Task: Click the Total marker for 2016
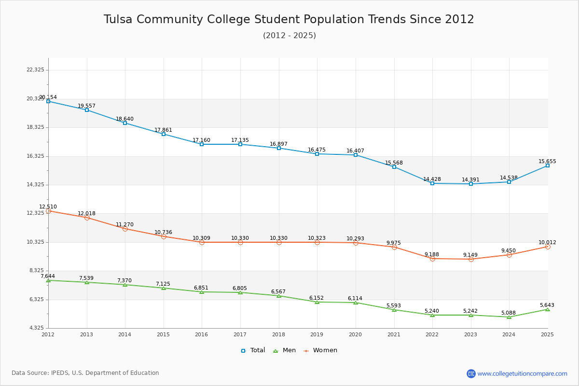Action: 202,144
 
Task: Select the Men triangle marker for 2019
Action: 317,302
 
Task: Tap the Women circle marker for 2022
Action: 432,259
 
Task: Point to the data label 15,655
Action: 548,161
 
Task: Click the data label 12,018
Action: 87,213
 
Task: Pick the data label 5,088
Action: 509,313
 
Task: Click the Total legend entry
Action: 253,350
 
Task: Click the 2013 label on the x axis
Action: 87,334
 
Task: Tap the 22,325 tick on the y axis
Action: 35,70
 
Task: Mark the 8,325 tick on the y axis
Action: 35,271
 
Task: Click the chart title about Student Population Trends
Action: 289,19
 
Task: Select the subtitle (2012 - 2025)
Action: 289,36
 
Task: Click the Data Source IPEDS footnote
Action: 85,373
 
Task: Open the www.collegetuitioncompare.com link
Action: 522,373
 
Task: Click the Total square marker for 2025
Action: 548,165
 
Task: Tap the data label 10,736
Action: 163,232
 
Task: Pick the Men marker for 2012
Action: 48,280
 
